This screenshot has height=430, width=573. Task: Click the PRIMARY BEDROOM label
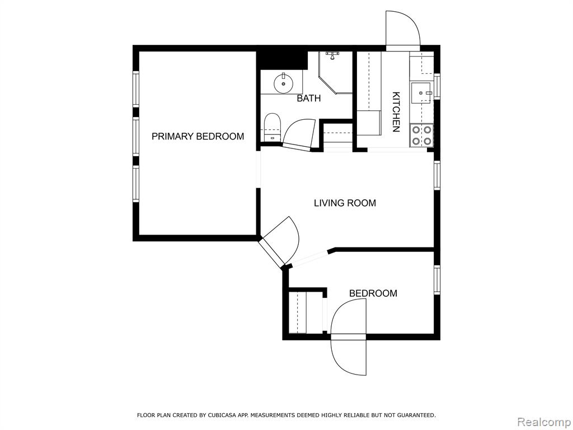pos(198,137)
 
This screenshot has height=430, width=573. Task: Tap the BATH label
pos(309,99)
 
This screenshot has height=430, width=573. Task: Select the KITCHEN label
pos(396,112)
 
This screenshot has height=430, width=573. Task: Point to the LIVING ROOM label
pos(345,203)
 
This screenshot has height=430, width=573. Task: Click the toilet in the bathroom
pos(272,127)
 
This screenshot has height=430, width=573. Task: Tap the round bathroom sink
pos(284,83)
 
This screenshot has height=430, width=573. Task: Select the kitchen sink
pos(421,94)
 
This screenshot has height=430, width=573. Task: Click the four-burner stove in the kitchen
pos(421,135)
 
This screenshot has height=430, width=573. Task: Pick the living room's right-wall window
pos(436,175)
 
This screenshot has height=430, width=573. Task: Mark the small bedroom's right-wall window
pos(436,279)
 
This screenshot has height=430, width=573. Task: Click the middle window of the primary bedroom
pos(135,137)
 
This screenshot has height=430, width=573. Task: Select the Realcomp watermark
pos(543,422)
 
